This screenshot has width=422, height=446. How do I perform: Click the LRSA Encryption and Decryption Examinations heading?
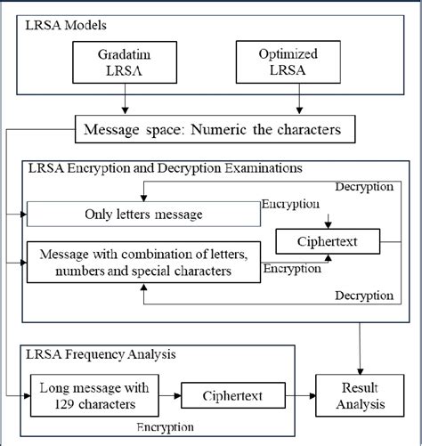tap(166, 167)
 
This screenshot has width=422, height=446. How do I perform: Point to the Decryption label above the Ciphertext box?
tap(364, 186)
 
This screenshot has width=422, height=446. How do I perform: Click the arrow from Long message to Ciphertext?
tap(168, 393)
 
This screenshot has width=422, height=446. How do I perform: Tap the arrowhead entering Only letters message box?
tap(30, 215)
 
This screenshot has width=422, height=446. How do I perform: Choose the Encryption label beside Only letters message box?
tap(290, 204)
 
